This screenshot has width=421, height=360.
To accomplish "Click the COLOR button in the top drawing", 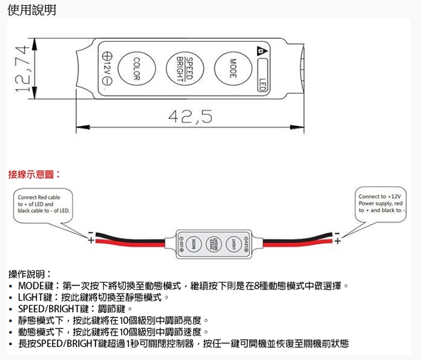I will tap(136, 66).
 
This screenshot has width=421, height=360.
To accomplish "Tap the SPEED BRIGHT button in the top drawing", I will tap(185, 66).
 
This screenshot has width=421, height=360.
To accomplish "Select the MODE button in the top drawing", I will tap(232, 66).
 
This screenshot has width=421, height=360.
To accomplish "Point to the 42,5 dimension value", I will tap(189, 116).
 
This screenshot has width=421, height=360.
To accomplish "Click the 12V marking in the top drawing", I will tap(107, 68).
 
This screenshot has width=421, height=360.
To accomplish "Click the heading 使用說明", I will tap(32, 10).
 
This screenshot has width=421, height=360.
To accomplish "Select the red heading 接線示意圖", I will tap(33, 174).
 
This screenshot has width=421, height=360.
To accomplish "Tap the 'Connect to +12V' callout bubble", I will tap(380, 203).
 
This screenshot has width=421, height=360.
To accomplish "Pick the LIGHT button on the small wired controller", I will tap(234, 243).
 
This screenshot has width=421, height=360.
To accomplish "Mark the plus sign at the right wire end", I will tap(337, 241).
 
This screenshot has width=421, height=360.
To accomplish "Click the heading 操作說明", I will tap(29, 274).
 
